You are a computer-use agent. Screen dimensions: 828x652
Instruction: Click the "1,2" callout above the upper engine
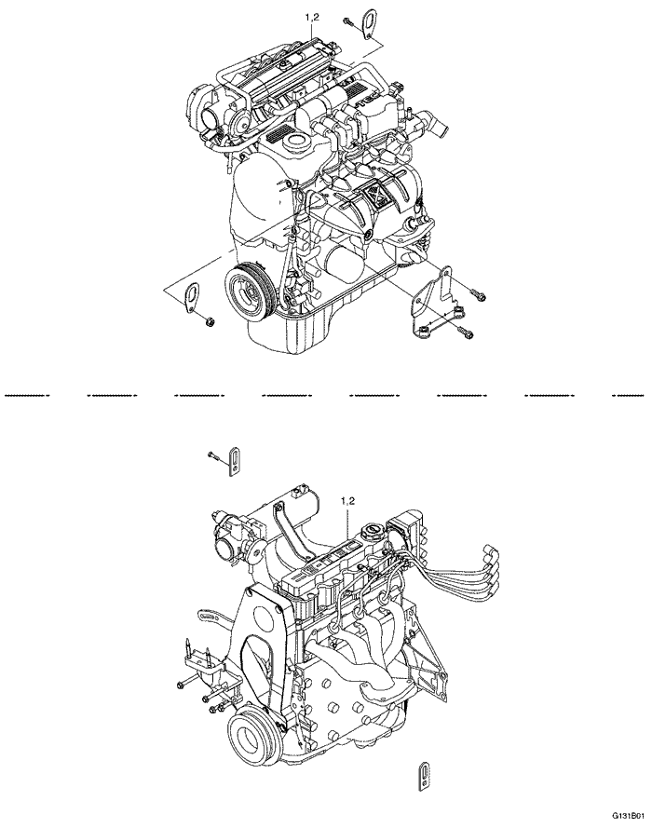(x=312, y=18)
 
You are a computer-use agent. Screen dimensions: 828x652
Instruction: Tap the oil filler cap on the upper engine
(x=298, y=143)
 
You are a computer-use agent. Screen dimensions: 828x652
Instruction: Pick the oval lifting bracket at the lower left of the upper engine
(x=191, y=297)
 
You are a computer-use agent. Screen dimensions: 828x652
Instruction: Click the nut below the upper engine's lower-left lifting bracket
(x=210, y=322)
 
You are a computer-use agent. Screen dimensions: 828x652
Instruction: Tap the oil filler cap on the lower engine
(x=373, y=535)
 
